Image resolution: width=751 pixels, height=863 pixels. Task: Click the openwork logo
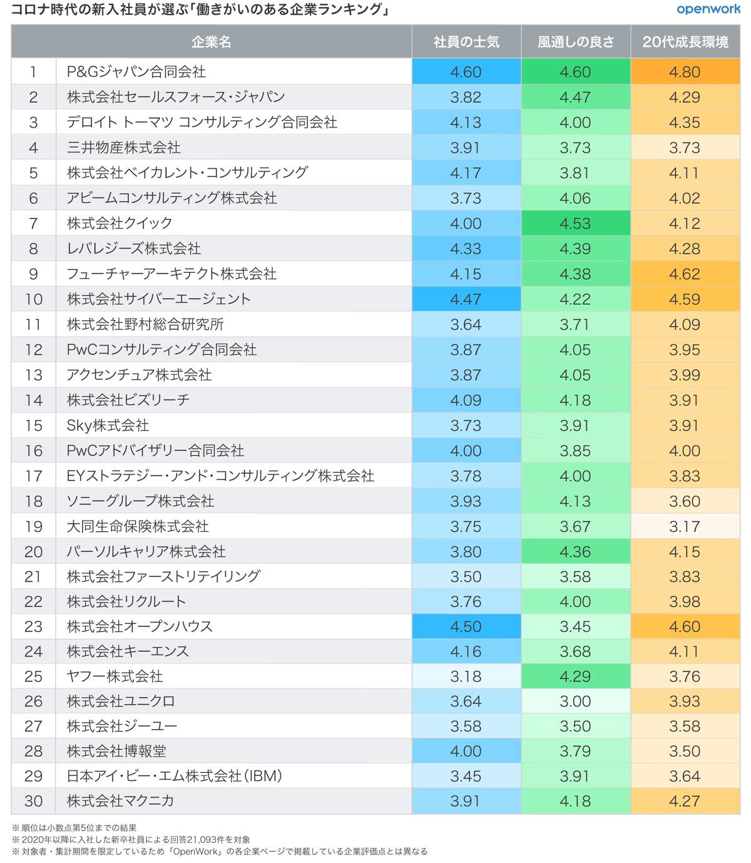tap(708, 9)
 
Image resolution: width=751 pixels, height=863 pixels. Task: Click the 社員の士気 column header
tap(466, 42)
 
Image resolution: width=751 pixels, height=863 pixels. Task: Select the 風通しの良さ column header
tap(576, 42)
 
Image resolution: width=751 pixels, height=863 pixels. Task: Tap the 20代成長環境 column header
tap(685, 42)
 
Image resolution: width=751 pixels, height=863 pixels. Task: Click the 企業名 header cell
tap(212, 42)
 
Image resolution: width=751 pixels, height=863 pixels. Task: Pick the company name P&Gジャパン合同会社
tap(136, 72)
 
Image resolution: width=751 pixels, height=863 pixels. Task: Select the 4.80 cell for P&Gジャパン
tap(685, 72)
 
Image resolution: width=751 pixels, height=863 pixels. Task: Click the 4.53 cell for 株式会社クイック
tap(575, 223)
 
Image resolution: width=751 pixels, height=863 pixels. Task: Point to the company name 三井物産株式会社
tap(124, 148)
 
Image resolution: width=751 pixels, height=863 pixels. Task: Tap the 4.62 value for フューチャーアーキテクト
tap(685, 274)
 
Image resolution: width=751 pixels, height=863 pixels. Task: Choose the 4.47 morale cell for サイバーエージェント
tap(466, 299)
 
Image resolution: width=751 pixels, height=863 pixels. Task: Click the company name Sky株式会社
tap(108, 426)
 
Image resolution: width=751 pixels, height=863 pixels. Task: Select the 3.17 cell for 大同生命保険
tap(685, 526)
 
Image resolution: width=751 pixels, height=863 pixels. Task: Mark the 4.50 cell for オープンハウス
tap(466, 626)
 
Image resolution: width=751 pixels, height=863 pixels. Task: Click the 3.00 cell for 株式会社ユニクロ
tap(575, 702)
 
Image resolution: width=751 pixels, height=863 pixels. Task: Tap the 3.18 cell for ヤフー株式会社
tap(466, 677)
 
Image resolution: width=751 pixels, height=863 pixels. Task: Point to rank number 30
tap(33, 801)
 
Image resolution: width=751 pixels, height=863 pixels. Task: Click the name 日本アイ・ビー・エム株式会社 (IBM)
tap(175, 776)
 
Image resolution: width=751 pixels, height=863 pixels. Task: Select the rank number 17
tap(33, 476)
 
